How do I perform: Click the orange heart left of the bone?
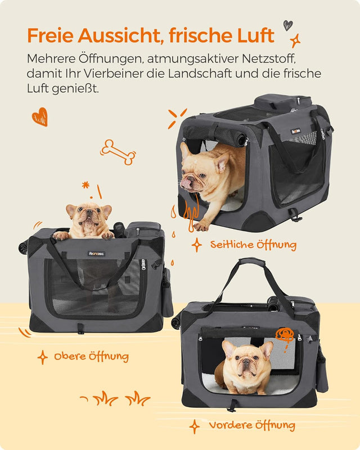point(39,116)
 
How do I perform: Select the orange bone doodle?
point(118,151)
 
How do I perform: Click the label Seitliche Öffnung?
point(253,245)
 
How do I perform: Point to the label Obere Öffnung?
point(91,357)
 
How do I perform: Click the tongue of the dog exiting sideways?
point(185,183)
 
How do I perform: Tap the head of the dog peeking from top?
point(88,218)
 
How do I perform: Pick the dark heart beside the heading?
point(288,25)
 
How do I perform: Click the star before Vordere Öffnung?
point(195,426)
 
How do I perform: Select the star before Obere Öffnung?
point(42,357)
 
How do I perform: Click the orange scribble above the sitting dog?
point(285,335)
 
